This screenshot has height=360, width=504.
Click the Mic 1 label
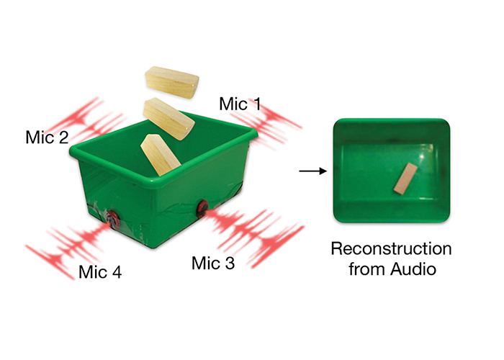[240, 104]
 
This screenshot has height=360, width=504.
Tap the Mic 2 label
[47, 136]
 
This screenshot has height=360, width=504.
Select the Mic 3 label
[213, 264]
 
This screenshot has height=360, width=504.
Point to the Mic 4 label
[100, 272]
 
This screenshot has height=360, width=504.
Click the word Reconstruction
[391, 250]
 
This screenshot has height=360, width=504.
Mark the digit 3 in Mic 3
[230, 264]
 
